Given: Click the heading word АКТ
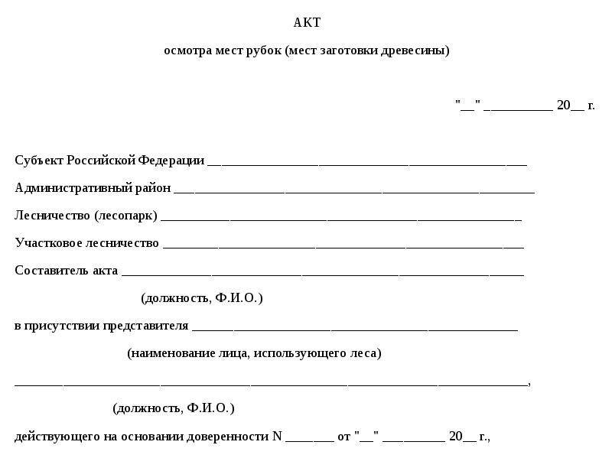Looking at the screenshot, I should pyautogui.click(x=307, y=23).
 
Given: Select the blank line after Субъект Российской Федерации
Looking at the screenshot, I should pyautogui.click(x=367, y=163).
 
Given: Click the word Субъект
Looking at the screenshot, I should pyautogui.click(x=39, y=160).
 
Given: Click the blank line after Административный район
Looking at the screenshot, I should pyautogui.click(x=354, y=190).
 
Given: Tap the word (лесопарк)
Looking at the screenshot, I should pyautogui.click(x=125, y=216).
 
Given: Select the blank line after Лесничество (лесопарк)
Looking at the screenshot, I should pyautogui.click(x=341, y=219).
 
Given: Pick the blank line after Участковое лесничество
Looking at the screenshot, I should pyautogui.click(x=343, y=246).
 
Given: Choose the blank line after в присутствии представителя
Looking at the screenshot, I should pyautogui.click(x=355, y=329).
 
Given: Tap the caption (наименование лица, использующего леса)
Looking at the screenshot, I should pyautogui.click(x=254, y=353).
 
